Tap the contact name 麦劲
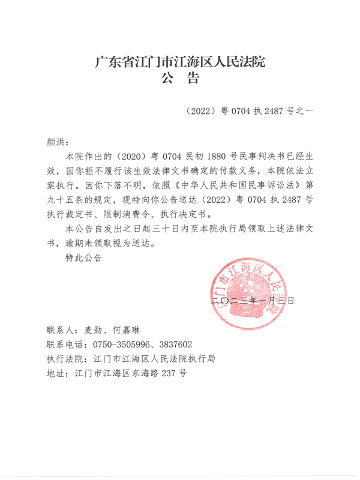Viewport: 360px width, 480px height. click(x=96, y=330)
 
